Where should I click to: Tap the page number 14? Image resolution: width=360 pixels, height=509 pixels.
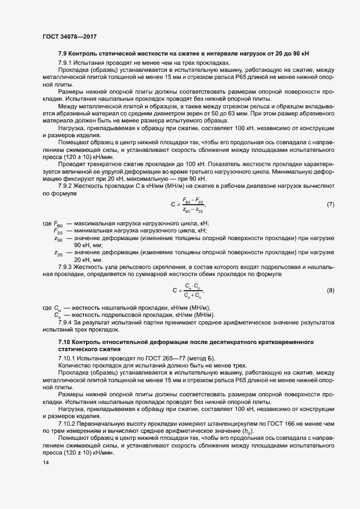(x=45, y=463)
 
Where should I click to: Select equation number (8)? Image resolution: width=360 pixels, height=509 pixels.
(x=330, y=291)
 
